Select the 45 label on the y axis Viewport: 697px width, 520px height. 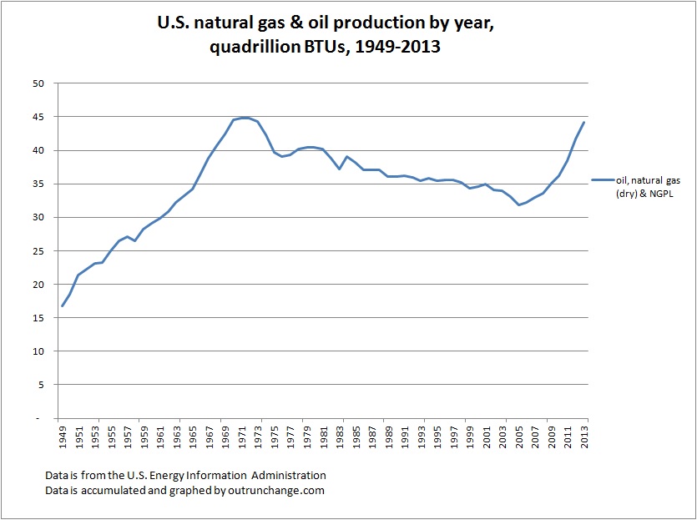click(38, 117)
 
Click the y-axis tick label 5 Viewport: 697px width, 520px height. click(40, 384)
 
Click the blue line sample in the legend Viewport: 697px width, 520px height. click(601, 179)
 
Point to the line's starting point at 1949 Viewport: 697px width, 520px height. click(63, 305)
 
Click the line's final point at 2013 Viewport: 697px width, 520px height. click(583, 123)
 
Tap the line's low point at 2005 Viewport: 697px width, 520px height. click(519, 204)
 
